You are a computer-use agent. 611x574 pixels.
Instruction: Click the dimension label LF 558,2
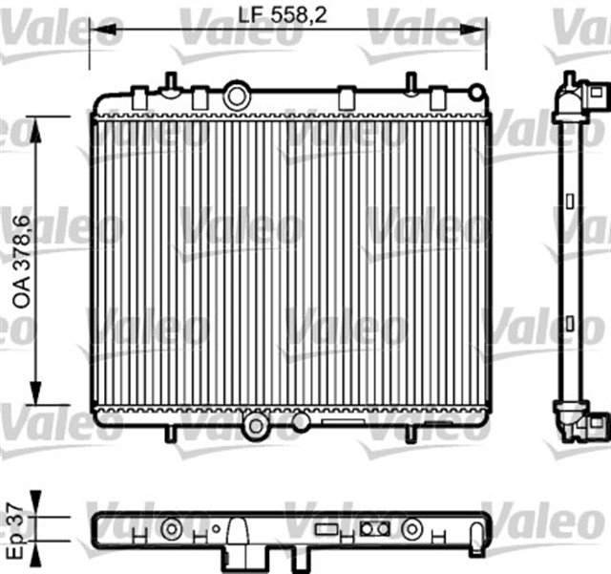[287, 15]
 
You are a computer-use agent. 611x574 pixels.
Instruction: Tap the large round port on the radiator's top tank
[236, 96]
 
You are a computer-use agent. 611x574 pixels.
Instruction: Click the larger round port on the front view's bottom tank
[255, 426]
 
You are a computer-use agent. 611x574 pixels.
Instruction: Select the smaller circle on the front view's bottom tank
[300, 421]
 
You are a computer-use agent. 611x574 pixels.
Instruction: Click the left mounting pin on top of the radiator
[169, 82]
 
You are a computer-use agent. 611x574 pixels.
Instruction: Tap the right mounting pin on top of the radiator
[410, 82]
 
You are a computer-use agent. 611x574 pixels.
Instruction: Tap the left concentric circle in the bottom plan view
[171, 526]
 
